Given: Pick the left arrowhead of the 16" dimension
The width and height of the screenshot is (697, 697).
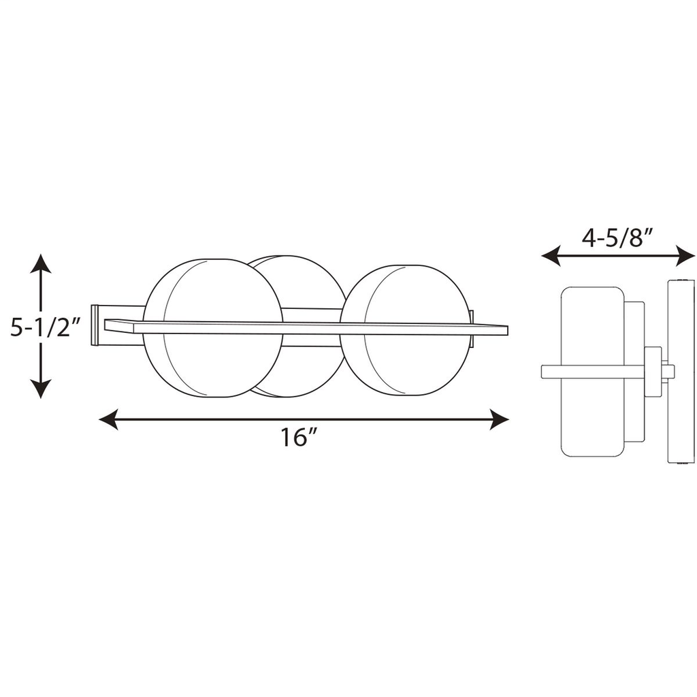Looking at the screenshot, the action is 108,419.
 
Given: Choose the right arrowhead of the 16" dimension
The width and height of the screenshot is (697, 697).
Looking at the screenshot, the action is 499,419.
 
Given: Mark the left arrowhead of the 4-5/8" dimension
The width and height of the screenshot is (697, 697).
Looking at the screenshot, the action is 551,256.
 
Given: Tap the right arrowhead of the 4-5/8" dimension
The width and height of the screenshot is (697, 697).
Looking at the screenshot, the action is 685,256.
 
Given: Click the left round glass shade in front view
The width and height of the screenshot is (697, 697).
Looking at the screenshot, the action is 212,328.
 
